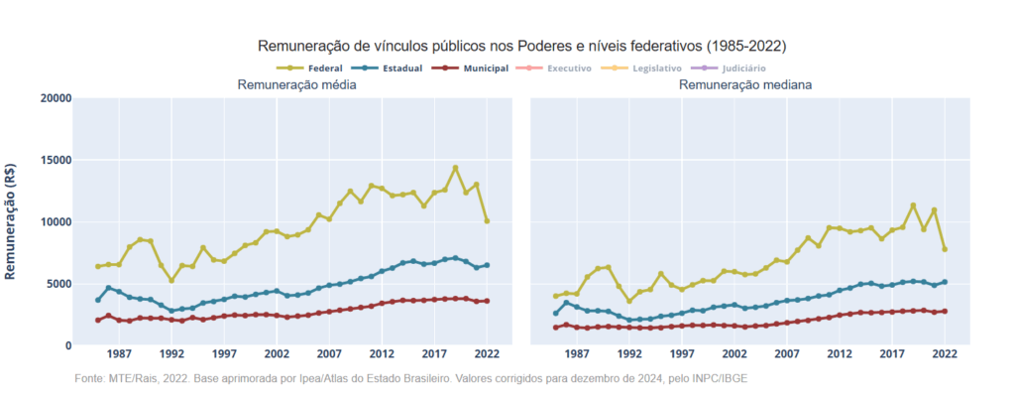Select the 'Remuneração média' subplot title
296,85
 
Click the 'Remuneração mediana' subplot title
745,85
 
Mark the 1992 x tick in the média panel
170,353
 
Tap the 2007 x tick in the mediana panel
786,353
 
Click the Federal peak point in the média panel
455,168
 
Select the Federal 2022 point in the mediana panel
945,249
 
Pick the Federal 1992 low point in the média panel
171,280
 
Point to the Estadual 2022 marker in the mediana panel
945,282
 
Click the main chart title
521,46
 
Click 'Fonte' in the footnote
89,379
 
